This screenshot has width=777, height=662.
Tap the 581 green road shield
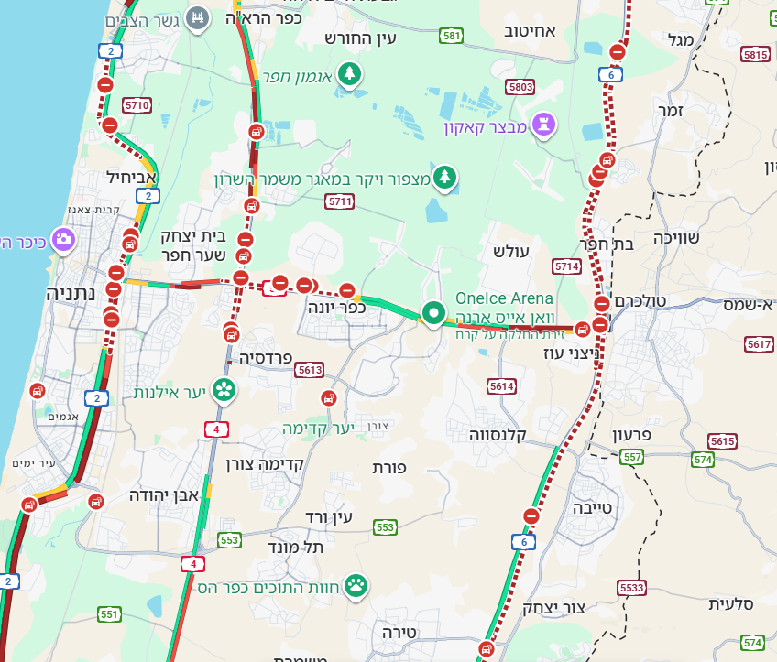[x=451, y=36]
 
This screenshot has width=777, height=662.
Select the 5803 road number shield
[x=520, y=87]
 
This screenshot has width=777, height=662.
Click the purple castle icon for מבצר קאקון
[x=545, y=125]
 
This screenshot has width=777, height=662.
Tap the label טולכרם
[x=641, y=301]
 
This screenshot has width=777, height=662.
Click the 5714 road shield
[x=566, y=266]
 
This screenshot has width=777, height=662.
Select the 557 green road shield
[x=631, y=457]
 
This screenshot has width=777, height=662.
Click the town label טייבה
[x=595, y=506]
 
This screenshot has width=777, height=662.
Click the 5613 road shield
[x=310, y=370]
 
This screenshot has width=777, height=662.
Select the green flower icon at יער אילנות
[x=224, y=391]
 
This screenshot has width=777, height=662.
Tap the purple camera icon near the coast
[x=63, y=241]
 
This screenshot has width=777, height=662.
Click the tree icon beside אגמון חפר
[x=349, y=74]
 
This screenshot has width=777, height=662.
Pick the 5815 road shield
[x=755, y=55]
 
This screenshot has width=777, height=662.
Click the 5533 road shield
[x=631, y=587]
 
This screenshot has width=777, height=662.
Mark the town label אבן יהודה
[x=164, y=495]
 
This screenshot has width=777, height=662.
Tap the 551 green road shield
[x=109, y=614]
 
